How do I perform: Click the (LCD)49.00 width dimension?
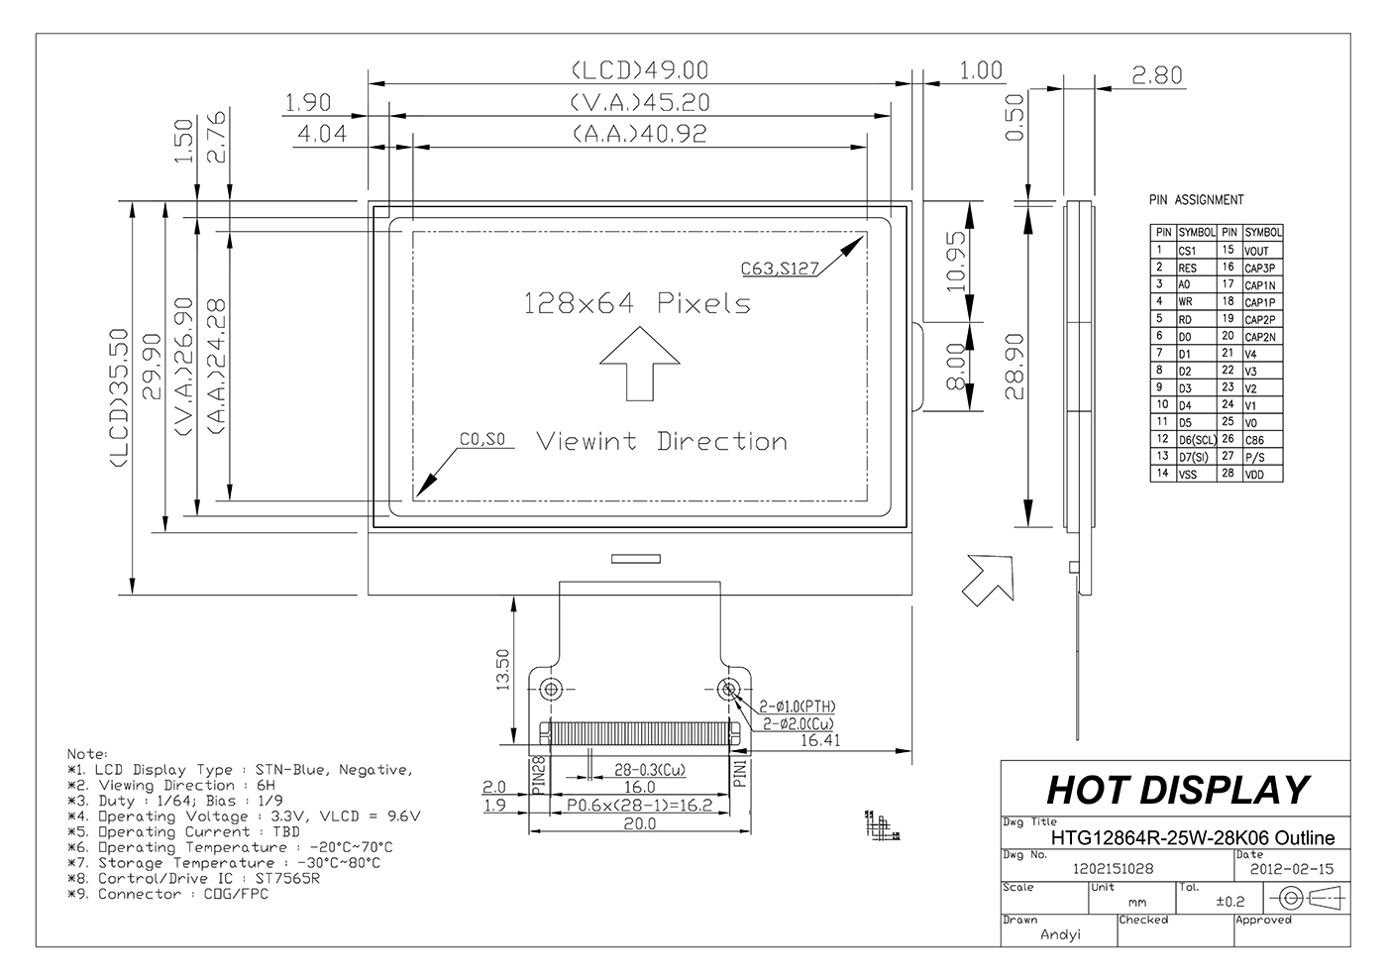click(639, 70)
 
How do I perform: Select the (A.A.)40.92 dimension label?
click(639, 134)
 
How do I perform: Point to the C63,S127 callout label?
click(779, 267)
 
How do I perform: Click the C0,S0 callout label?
click(482, 440)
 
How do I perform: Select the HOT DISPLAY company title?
click(1177, 790)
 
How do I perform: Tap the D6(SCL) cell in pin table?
click(1196, 440)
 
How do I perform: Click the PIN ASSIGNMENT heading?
click(1196, 200)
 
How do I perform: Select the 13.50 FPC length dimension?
click(501, 670)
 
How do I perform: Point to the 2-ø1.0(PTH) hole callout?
click(798, 707)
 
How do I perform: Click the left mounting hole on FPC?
click(552, 688)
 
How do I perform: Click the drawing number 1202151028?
click(1113, 869)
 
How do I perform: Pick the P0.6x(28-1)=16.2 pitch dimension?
click(639, 805)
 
